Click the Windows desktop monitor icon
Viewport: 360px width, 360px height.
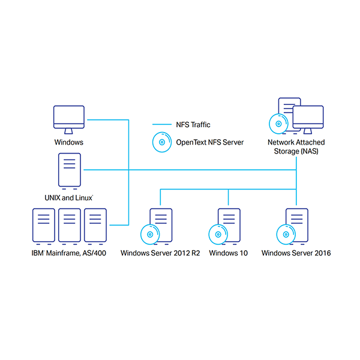tap(69, 119)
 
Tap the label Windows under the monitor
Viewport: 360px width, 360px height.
tap(69, 143)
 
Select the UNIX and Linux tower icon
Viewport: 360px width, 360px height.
tap(69, 169)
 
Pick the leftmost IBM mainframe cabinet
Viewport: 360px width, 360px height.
tap(43, 225)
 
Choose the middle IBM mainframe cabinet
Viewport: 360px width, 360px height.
tap(69, 225)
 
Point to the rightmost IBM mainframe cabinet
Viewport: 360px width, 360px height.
tap(95, 225)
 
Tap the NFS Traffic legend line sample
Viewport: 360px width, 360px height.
tap(161, 125)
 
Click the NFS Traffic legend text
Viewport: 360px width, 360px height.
tap(193, 125)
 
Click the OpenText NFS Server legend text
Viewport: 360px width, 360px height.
tap(209, 143)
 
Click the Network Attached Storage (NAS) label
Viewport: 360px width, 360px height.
tap(296, 146)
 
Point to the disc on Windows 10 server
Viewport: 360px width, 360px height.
tap(218, 234)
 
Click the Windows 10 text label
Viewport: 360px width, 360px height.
tap(228, 253)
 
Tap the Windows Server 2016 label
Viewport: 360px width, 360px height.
tap(296, 253)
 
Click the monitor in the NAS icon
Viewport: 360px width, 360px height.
tap(308, 118)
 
